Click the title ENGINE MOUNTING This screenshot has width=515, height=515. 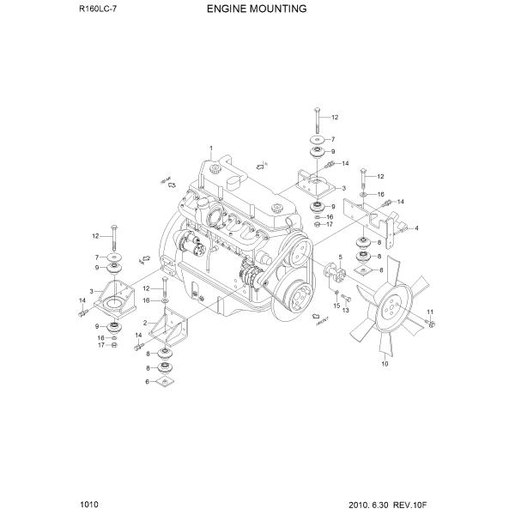(257, 10)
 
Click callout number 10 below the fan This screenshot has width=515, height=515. (384, 364)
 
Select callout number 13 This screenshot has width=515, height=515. (345, 311)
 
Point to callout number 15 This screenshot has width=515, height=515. (337, 305)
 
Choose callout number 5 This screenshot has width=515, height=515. (340, 257)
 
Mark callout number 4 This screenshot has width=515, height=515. (415, 228)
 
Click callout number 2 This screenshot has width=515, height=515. (146, 323)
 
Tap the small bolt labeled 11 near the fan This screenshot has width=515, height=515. (430, 323)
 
